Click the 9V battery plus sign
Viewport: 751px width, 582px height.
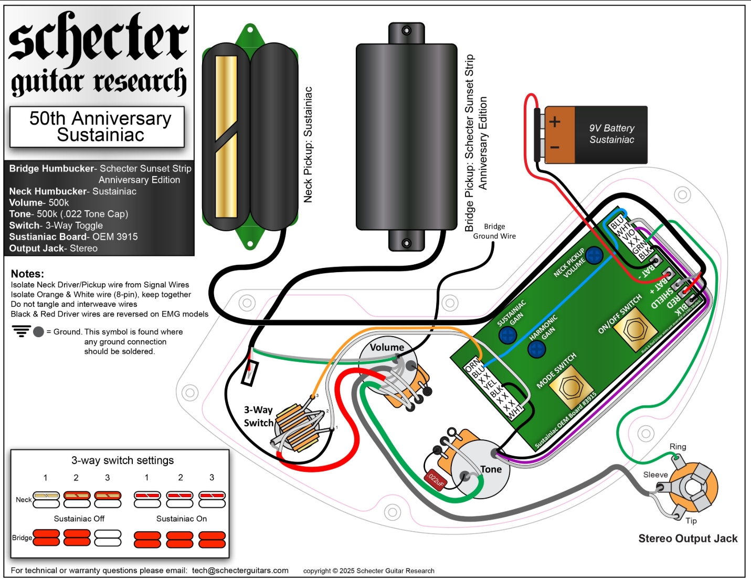click(x=555, y=122)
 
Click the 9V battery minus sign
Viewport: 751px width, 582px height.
click(x=555, y=147)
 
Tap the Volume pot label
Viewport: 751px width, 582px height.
click(x=387, y=347)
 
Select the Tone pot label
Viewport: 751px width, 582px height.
click(x=491, y=469)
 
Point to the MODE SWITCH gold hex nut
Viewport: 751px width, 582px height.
click(x=569, y=388)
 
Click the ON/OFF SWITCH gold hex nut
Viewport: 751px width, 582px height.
click(x=634, y=329)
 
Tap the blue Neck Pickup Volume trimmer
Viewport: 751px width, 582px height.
click(x=594, y=255)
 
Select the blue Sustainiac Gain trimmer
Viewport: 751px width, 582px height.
click(x=507, y=335)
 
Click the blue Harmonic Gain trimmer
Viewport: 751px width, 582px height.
click(x=536, y=348)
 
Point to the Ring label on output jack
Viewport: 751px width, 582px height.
click(x=678, y=447)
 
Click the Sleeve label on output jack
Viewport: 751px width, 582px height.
click(x=655, y=475)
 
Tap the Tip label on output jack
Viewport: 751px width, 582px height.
click(x=691, y=521)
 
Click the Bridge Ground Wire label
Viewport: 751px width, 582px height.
click(x=494, y=231)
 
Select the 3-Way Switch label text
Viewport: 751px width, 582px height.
click(x=259, y=416)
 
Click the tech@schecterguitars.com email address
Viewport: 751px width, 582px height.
click(x=240, y=570)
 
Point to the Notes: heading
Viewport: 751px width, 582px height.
click(x=27, y=274)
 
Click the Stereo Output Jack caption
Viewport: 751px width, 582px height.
click(x=687, y=538)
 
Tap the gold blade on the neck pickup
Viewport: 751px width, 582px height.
click(x=226, y=136)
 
